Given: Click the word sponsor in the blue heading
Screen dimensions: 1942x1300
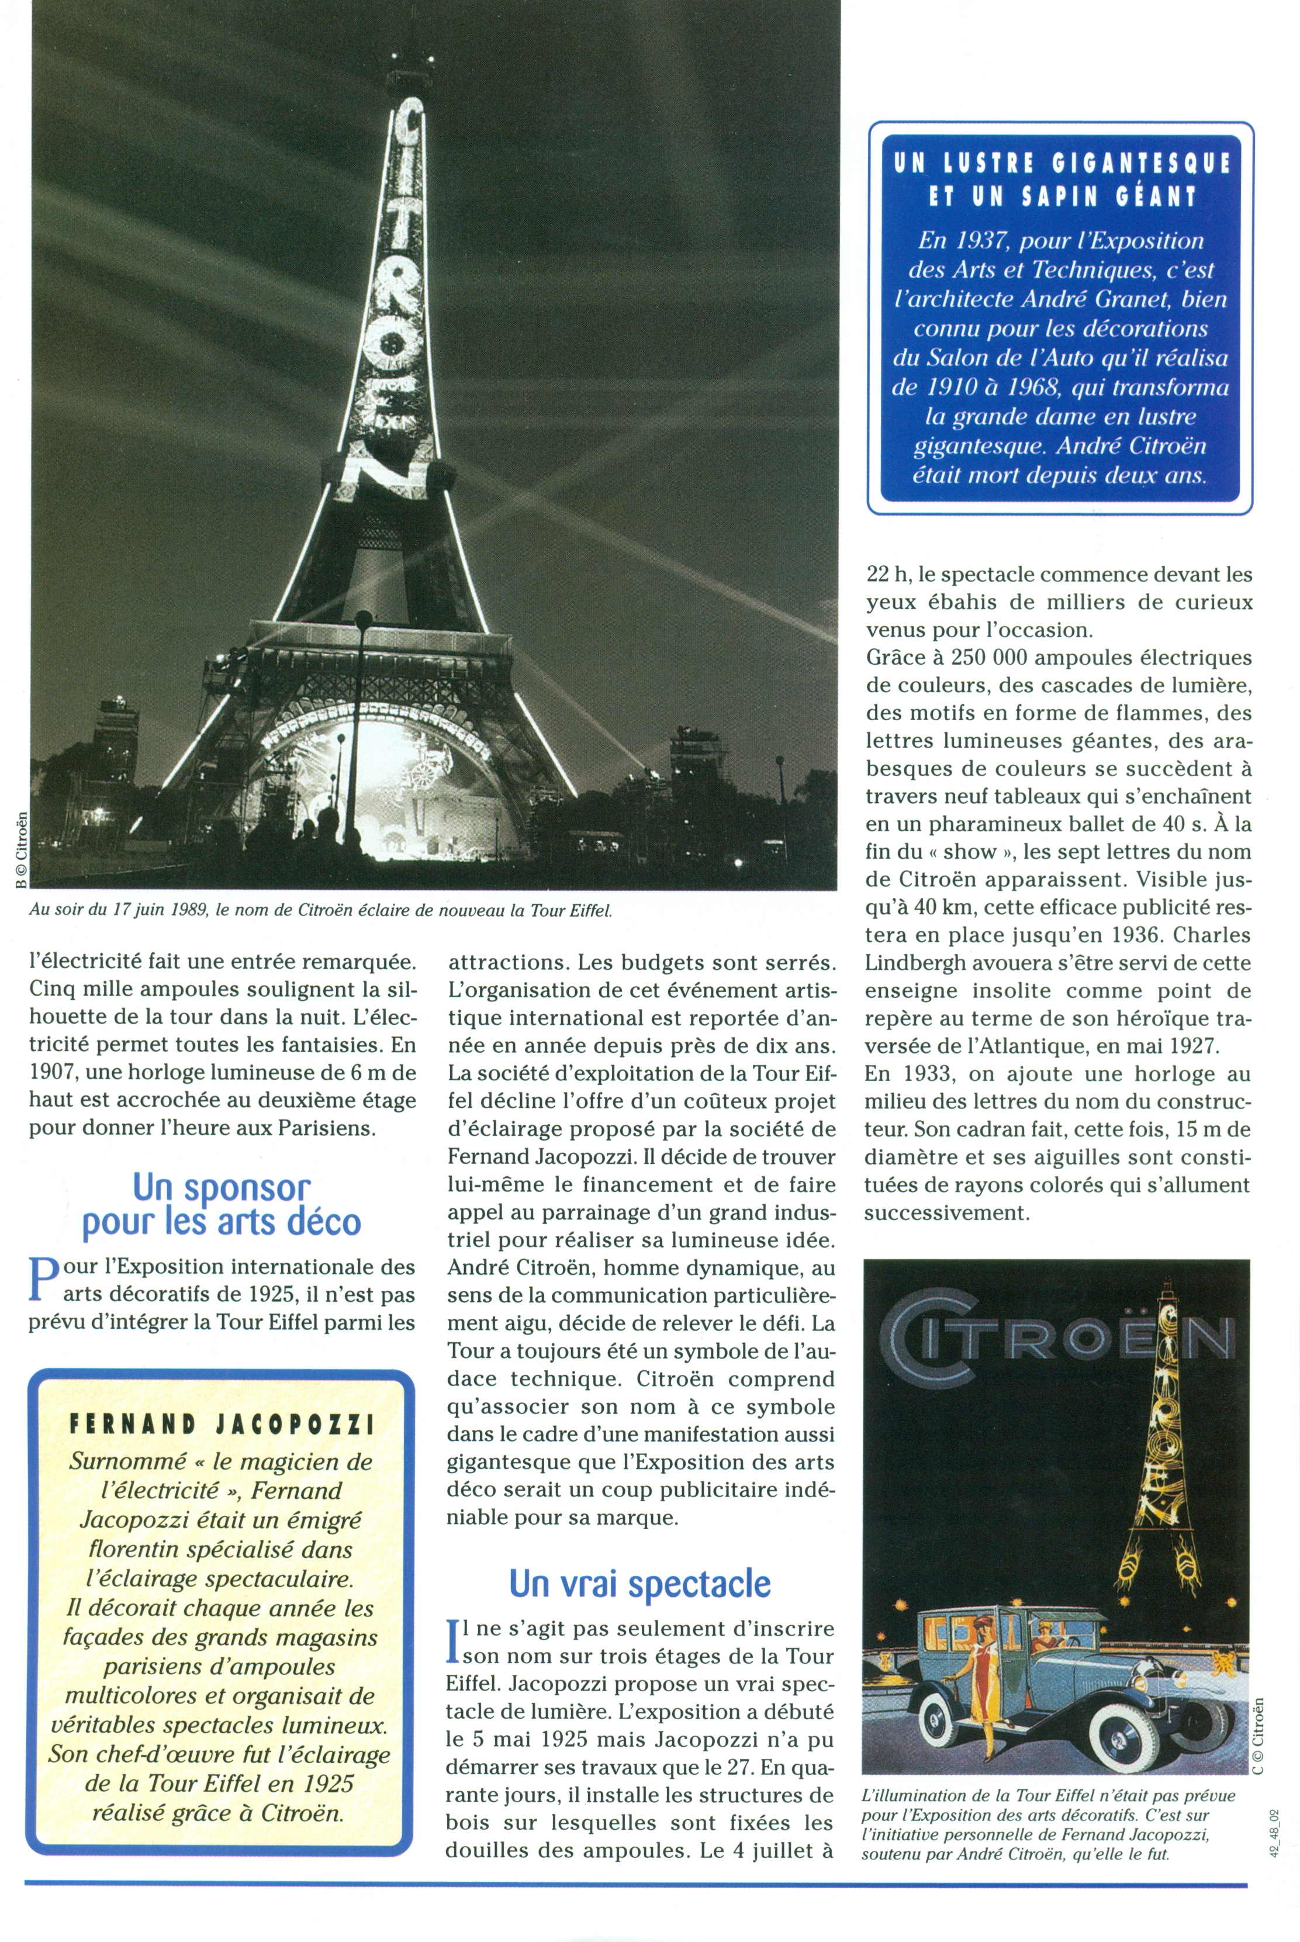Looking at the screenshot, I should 247,1189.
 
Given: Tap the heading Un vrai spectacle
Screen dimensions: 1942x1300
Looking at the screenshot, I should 639,1583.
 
